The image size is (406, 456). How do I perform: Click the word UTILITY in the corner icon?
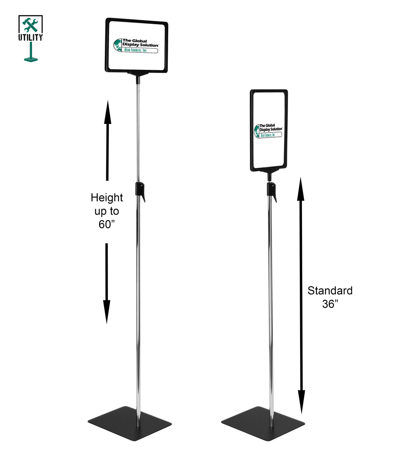click(x=30, y=37)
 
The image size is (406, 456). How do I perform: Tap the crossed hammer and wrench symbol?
click(x=30, y=25)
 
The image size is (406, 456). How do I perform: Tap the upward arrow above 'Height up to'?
click(x=107, y=140)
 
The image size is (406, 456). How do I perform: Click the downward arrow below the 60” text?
click(x=107, y=283)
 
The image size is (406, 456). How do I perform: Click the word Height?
click(x=107, y=198)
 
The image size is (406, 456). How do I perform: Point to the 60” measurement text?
click(x=107, y=224)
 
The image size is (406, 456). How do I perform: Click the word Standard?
click(x=330, y=291)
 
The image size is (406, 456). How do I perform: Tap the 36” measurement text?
click(x=330, y=304)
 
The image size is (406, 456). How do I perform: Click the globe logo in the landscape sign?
click(x=118, y=45)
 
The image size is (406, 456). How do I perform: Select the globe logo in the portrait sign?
click(x=257, y=131)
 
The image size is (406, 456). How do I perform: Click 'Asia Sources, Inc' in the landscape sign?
click(x=135, y=50)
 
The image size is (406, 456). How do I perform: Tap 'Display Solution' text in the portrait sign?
click(x=271, y=129)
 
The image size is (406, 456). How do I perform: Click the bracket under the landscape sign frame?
click(x=138, y=74)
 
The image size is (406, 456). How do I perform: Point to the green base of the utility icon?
click(x=31, y=59)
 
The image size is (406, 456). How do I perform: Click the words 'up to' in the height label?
click(x=107, y=211)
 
